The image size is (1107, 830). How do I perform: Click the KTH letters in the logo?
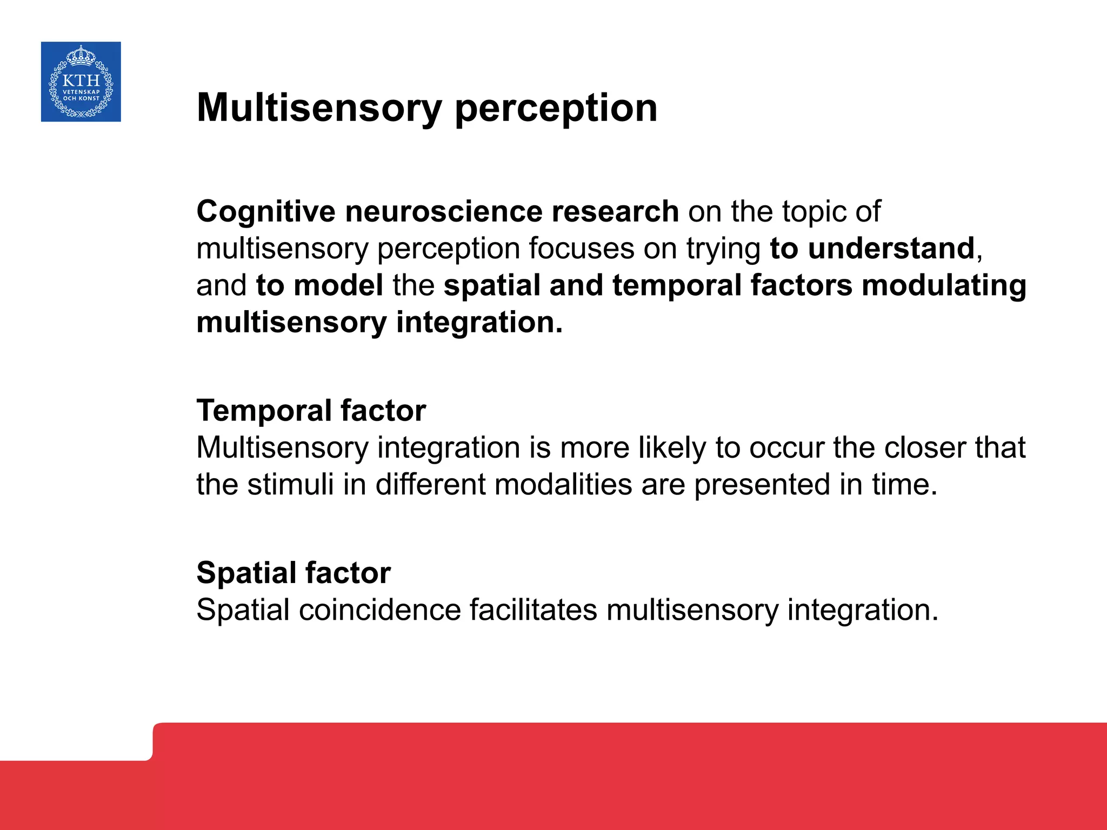coord(81,81)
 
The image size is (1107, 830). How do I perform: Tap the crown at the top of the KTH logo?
coord(81,56)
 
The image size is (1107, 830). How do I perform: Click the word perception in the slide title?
coord(556,109)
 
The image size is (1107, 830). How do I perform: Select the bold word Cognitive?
coord(266,211)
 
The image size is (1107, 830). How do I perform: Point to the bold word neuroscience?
coord(443,211)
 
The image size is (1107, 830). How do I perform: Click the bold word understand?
coord(891,249)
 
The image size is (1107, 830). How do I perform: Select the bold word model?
coord(338,285)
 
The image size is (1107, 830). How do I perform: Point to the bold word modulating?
coord(944,285)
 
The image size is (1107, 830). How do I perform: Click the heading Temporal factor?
coord(311,411)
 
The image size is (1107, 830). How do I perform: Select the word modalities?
coord(563,485)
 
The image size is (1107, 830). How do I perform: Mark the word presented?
coord(762,485)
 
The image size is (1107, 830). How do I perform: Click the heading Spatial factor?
coord(294,573)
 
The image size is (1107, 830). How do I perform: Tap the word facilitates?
coord(533,610)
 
